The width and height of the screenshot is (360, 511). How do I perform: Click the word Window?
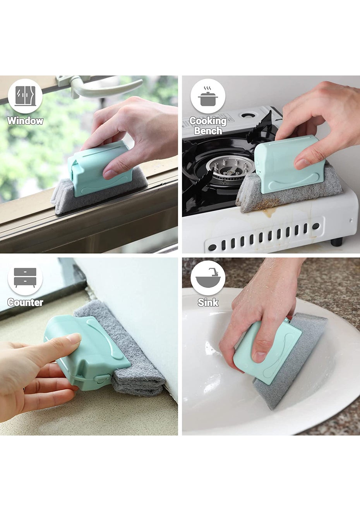[25, 120]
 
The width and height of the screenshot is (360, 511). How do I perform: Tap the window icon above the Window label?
[25, 96]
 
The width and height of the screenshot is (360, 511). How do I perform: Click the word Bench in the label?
[208, 130]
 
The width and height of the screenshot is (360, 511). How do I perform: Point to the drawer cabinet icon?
[25, 278]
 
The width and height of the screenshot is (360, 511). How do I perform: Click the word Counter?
[25, 302]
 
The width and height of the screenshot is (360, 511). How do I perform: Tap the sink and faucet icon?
[207, 278]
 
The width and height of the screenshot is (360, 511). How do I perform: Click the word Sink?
[208, 302]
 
